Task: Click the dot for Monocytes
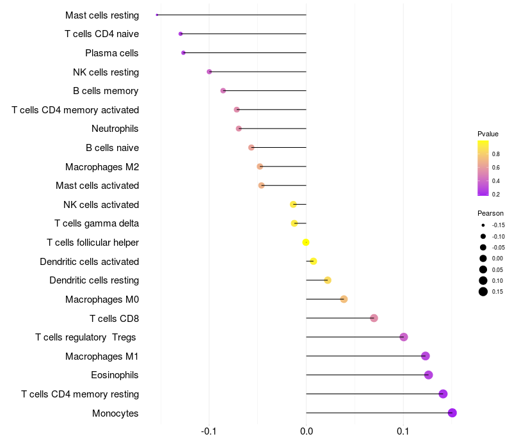(452, 413)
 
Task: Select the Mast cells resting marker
(157, 15)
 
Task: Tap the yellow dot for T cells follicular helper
(306, 242)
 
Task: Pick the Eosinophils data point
(428, 375)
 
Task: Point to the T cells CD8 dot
(374, 318)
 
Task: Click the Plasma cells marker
(184, 52)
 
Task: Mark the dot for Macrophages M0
(344, 299)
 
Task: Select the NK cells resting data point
(209, 72)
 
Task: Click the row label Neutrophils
(115, 129)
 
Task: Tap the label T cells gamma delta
(97, 223)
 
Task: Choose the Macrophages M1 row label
(102, 356)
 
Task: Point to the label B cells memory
(106, 91)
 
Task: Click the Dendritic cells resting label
(94, 280)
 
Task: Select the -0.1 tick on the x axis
(209, 431)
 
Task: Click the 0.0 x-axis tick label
(306, 431)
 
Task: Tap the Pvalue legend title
(488, 134)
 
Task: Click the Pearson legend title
(490, 213)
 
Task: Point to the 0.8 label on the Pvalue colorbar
(496, 154)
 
